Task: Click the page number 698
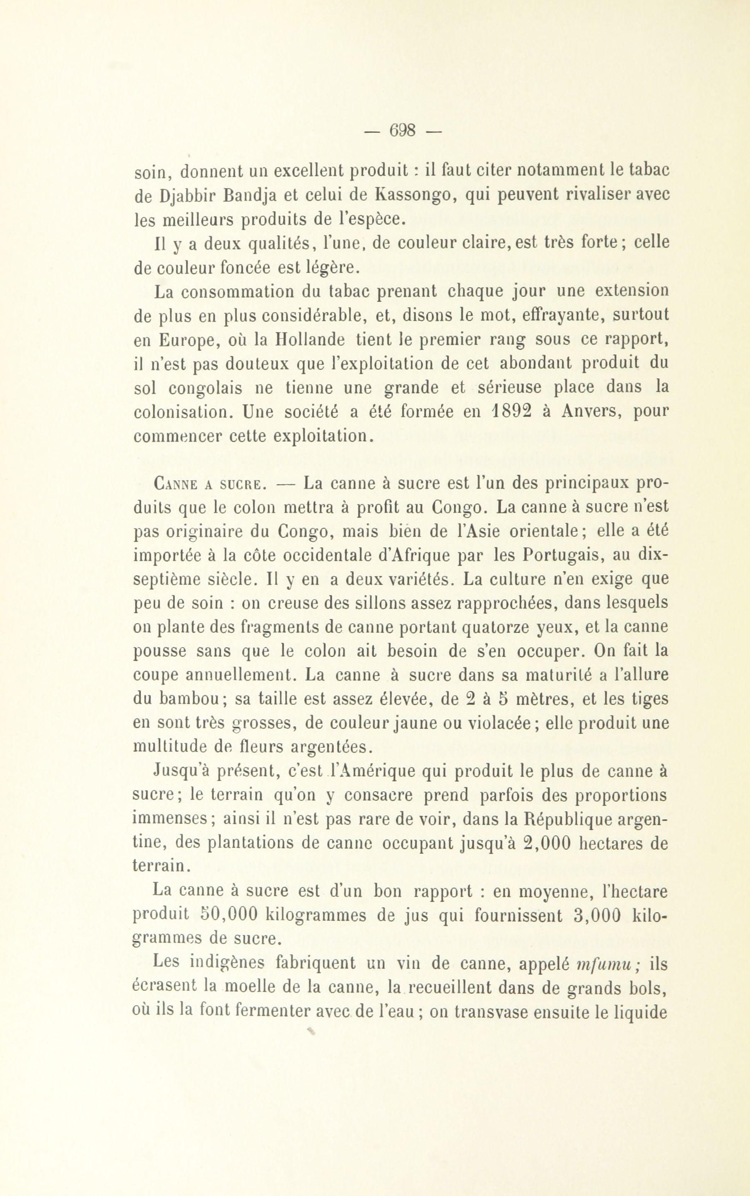(403, 130)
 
